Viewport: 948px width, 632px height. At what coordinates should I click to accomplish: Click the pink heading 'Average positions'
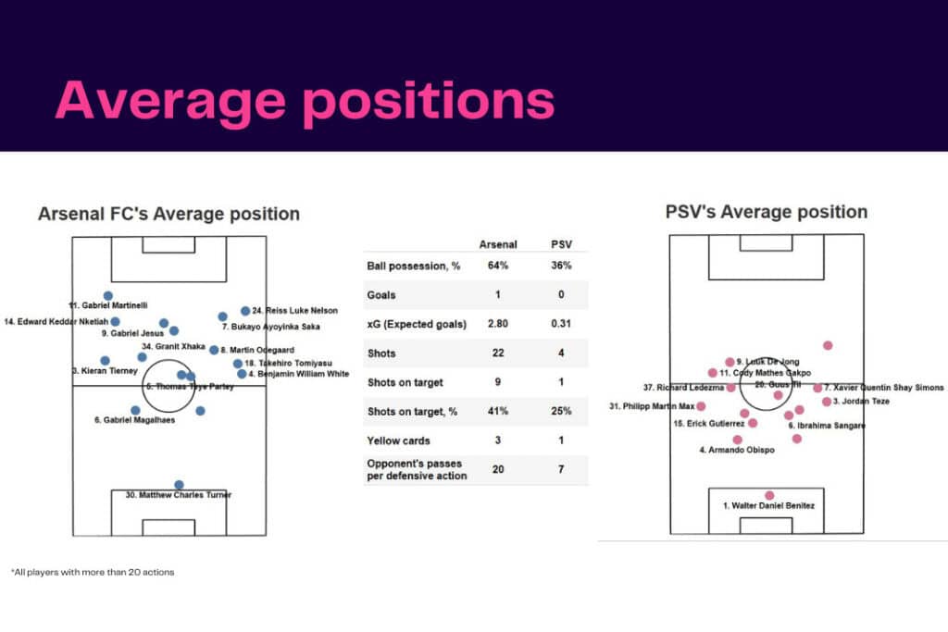tap(305, 101)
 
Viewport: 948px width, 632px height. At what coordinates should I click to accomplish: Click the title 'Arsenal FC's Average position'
tap(168, 214)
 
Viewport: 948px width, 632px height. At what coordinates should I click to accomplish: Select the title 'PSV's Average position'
tap(767, 212)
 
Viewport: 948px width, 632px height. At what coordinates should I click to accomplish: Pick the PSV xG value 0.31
tap(555, 324)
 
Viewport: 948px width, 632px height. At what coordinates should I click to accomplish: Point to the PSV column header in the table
tap(555, 244)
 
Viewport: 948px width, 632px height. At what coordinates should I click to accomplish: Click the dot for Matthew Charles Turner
tap(179, 485)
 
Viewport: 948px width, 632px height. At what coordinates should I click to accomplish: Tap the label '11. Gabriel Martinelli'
tap(107, 305)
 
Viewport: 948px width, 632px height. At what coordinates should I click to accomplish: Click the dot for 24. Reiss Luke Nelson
tap(245, 311)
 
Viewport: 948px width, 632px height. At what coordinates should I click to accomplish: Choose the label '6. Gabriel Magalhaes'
tap(136, 420)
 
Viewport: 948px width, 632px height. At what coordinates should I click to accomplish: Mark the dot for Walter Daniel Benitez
tap(769, 495)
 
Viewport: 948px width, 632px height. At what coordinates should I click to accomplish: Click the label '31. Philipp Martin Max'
tap(651, 406)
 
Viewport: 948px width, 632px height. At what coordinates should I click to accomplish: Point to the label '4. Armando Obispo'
tap(737, 451)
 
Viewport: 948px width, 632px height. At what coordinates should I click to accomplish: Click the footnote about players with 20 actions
tap(93, 572)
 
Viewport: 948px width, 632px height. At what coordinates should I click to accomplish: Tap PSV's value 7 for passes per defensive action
tap(555, 470)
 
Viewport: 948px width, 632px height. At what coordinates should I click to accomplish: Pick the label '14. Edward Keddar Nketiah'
tap(56, 322)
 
